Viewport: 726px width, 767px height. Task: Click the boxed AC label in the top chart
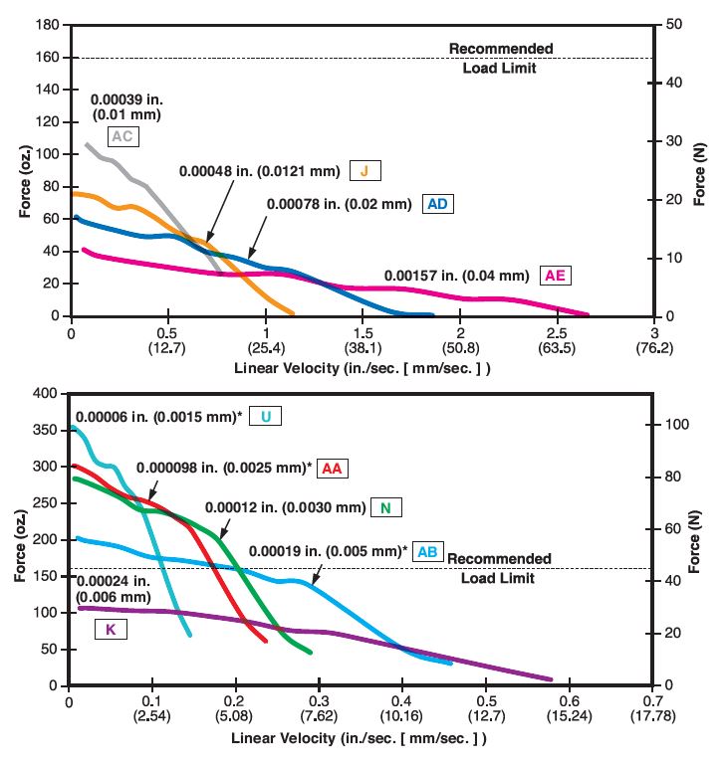click(x=122, y=136)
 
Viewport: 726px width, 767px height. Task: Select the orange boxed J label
click(x=364, y=171)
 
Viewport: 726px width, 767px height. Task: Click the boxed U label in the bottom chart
click(x=266, y=416)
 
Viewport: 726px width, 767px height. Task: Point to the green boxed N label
click(x=385, y=508)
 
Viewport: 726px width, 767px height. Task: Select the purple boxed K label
click(x=111, y=629)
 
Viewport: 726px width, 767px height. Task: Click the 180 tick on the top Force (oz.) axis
click(x=46, y=25)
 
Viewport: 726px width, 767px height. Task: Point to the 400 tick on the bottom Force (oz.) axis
click(x=46, y=393)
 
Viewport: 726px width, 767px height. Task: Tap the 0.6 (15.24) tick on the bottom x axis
click(x=568, y=709)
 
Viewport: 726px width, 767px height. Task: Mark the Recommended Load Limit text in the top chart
click(x=499, y=58)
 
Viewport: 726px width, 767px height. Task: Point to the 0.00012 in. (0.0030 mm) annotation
click(x=285, y=507)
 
